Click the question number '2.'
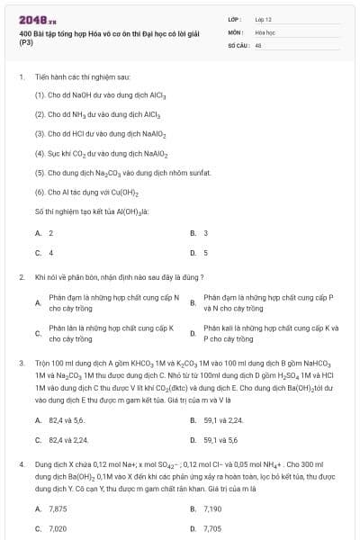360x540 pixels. pyautogui.click(x=21, y=277)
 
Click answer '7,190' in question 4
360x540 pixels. pyautogui.click(x=212, y=508)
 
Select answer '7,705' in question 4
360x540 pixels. pyautogui.click(x=212, y=528)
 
